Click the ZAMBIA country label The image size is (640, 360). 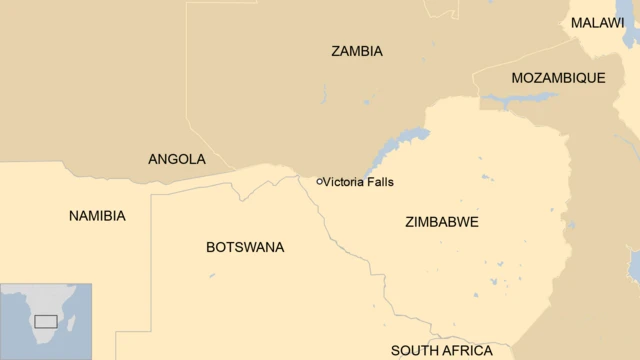357,51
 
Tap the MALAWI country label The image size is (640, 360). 597,23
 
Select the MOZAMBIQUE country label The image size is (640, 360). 558,78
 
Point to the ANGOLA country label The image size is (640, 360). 177,159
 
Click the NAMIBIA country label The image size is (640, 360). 97,216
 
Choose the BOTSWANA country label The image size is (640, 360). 245,247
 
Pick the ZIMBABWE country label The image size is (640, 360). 442,222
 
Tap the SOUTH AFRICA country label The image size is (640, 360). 441,351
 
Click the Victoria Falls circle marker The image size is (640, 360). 319,182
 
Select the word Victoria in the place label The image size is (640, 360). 345,182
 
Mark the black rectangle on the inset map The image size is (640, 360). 45,321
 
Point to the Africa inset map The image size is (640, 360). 46,321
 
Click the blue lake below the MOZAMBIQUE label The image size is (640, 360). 519,98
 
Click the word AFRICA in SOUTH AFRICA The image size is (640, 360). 467,351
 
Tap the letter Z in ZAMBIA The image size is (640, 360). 336,51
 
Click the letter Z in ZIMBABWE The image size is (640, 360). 410,222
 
